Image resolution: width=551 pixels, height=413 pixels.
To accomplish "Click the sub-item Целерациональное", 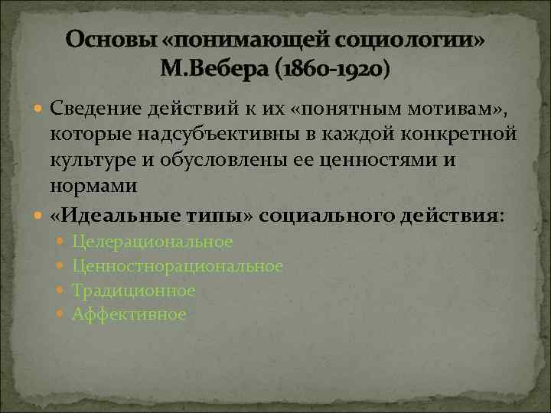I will (x=152, y=242).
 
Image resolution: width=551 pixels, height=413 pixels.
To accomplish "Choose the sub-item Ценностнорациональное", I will (x=178, y=266).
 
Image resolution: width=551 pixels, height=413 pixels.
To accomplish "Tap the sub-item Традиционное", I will (x=134, y=291).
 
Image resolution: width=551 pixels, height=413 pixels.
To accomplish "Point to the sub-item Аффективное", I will (x=129, y=314).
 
